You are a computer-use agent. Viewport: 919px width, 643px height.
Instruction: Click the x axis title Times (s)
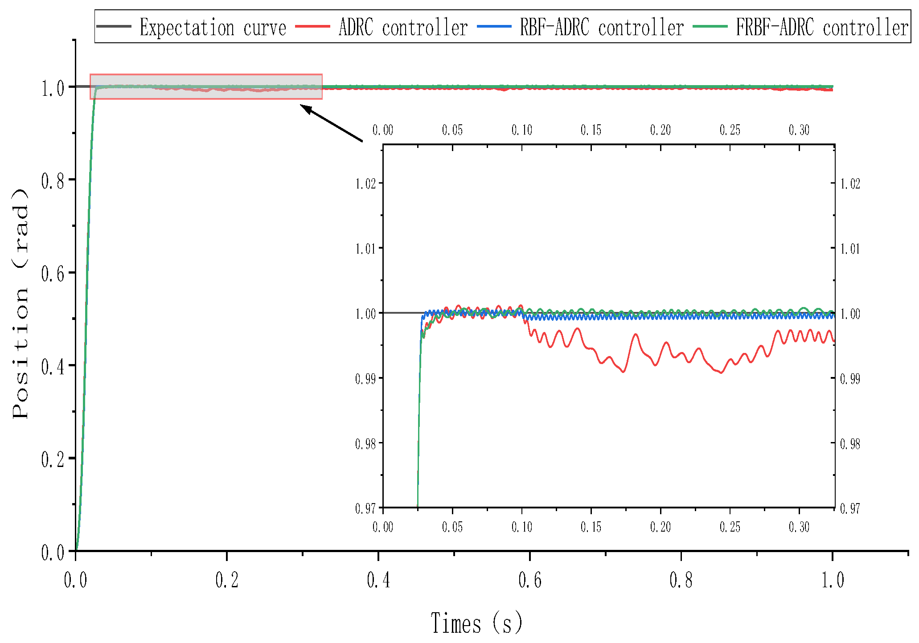[476, 623]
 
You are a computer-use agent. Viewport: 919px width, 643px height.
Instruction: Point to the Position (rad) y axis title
[21, 303]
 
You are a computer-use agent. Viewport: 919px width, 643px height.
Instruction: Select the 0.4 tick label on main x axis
[378, 580]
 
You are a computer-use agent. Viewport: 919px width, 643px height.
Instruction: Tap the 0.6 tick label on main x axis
[530, 580]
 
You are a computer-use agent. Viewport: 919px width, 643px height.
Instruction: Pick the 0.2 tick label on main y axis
[53, 459]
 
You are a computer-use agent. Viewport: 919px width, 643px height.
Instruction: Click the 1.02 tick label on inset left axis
[365, 184]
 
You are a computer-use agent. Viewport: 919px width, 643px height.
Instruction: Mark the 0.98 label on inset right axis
[850, 444]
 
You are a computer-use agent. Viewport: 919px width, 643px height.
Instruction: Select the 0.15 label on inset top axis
[591, 130]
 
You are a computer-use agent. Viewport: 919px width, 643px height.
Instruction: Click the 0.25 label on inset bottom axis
[730, 527]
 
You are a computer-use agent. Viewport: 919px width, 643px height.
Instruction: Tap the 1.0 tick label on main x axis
[833, 580]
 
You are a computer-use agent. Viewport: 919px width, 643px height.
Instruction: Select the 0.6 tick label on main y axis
[53, 274]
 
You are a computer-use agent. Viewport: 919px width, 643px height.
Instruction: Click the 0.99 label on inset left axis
[365, 379]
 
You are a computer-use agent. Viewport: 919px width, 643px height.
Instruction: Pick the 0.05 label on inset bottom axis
[452, 527]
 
